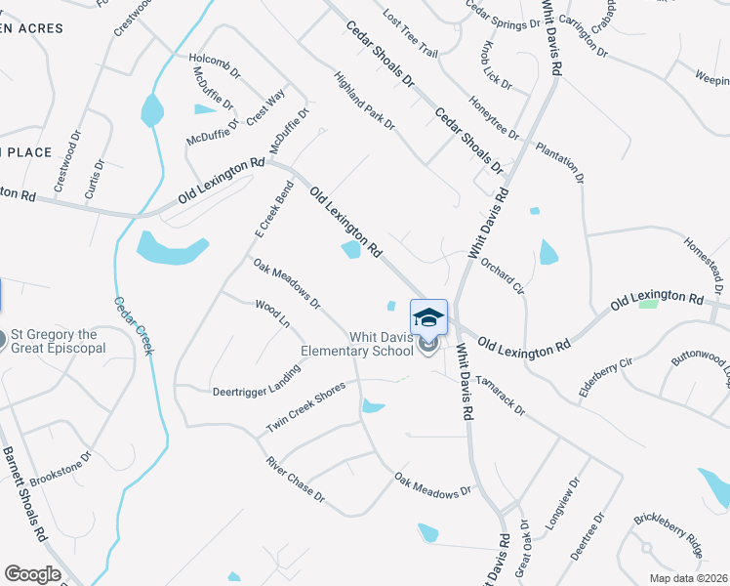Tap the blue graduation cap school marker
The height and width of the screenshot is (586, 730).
pos(428,319)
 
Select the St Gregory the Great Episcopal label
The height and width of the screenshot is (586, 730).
pos(59,341)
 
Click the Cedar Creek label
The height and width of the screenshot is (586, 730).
pos(133,326)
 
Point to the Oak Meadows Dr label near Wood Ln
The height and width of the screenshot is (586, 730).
pos(287,283)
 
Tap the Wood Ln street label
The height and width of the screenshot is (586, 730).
pos(272,314)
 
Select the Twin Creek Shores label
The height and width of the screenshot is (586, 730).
pos(306,407)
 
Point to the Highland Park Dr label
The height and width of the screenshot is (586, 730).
pos(364,101)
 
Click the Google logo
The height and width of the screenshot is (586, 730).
pos(32,574)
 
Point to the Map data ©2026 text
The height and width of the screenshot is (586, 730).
pos(688,578)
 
